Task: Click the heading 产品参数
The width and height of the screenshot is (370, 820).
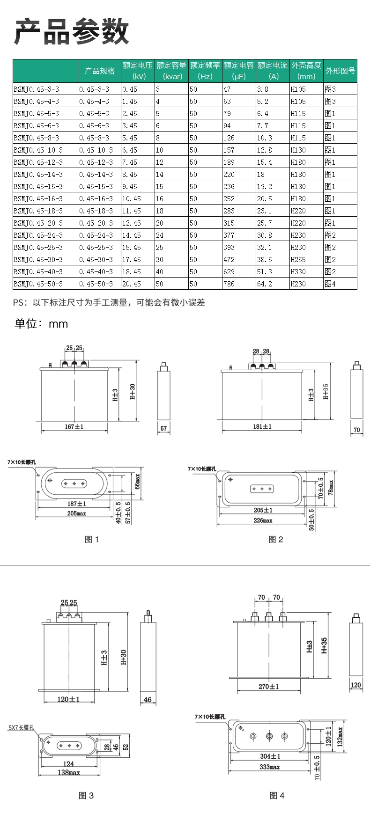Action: (x=72, y=32)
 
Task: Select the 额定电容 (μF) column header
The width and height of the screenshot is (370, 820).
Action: (x=239, y=71)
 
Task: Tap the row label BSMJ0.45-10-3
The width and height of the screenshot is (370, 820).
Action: (x=38, y=150)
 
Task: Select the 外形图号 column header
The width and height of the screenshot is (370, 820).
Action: (x=340, y=71)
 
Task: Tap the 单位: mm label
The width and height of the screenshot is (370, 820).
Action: (x=41, y=324)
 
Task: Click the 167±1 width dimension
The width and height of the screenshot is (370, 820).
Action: (x=74, y=426)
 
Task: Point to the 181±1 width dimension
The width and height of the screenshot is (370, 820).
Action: (x=262, y=426)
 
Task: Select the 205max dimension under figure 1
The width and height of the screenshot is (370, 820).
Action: (x=76, y=513)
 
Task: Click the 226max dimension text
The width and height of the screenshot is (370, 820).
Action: (x=263, y=520)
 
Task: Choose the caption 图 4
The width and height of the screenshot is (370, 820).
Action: (x=277, y=795)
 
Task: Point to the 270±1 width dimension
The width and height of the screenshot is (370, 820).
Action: (x=269, y=687)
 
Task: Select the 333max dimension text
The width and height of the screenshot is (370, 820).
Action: (x=270, y=767)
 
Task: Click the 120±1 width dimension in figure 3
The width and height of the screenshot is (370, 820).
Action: (x=68, y=699)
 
